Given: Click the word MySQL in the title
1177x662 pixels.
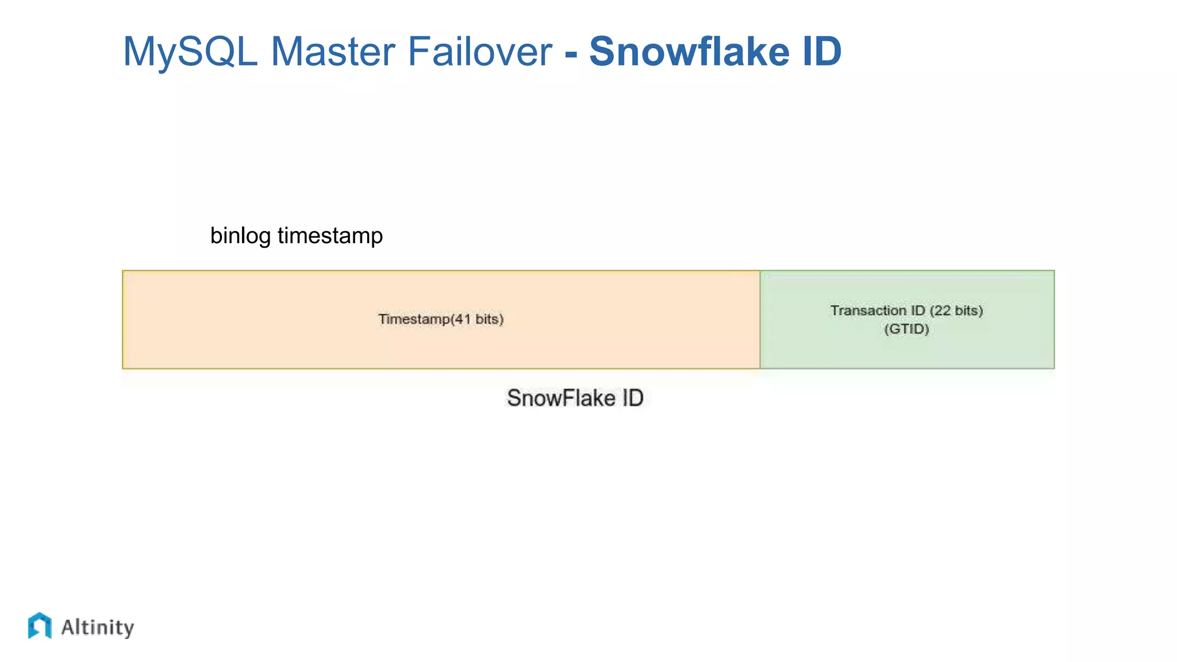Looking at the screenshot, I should pyautogui.click(x=190, y=52).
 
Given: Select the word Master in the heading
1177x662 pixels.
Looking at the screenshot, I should pyautogui.click(x=333, y=52).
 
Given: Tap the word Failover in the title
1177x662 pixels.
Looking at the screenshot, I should pyautogui.click(x=480, y=52).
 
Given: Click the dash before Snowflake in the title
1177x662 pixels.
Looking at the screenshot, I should pyautogui.click(x=571, y=53).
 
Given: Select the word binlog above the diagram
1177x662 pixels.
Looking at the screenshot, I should pyautogui.click(x=240, y=236).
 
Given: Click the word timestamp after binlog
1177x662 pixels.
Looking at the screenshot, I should pyautogui.click(x=330, y=236).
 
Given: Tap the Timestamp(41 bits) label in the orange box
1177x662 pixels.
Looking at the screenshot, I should pyautogui.click(x=441, y=319).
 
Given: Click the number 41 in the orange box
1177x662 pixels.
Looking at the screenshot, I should pyautogui.click(x=463, y=319).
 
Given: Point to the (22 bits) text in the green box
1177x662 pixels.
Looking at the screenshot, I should pyautogui.click(x=956, y=311).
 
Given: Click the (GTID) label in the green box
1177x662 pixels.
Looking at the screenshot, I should pyautogui.click(x=906, y=329).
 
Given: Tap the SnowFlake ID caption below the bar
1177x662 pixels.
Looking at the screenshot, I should pyautogui.click(x=575, y=398).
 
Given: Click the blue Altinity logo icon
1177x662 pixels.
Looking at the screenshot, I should pyautogui.click(x=40, y=626).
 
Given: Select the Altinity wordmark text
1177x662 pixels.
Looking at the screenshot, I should pyautogui.click(x=98, y=628).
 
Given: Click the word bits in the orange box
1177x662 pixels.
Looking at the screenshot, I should pyautogui.click(x=489, y=319).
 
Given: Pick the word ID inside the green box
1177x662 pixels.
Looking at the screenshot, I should pyautogui.click(x=918, y=311).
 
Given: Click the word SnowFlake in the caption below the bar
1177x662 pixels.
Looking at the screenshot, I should pyautogui.click(x=561, y=398).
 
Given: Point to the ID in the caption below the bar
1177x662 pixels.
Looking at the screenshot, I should pyautogui.click(x=633, y=398).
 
